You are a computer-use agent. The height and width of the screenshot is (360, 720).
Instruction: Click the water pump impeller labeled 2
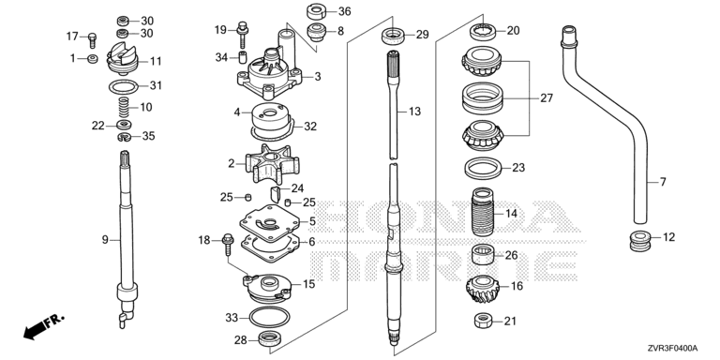pyautogui.click(x=272, y=163)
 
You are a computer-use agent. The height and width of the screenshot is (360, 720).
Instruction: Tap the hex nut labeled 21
pyautogui.click(x=483, y=321)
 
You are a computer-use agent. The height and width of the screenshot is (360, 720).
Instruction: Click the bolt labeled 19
pyautogui.click(x=243, y=35)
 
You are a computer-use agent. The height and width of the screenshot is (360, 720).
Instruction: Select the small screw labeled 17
pyautogui.click(x=92, y=40)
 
